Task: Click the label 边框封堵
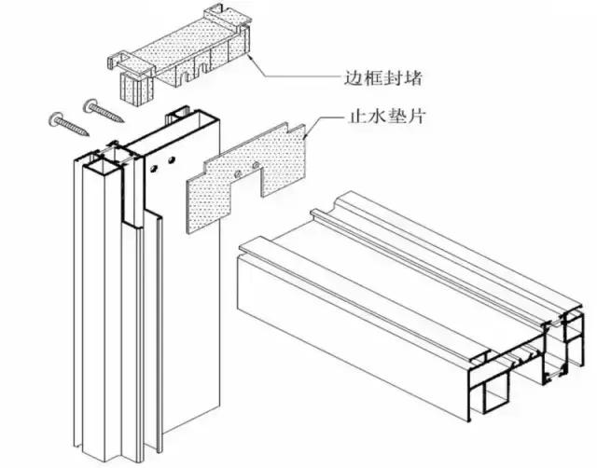pyautogui.click(x=383, y=78)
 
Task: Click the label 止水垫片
pyautogui.click(x=386, y=116)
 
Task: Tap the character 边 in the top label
pyautogui.click(x=354, y=78)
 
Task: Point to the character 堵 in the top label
pyautogui.click(x=413, y=78)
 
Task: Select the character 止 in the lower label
pyautogui.click(x=356, y=116)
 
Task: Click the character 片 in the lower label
pyautogui.click(x=416, y=116)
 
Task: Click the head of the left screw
pyautogui.click(x=57, y=119)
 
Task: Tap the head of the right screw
pyautogui.click(x=91, y=105)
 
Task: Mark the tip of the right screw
pyautogui.click(x=124, y=121)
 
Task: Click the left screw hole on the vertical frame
pyautogui.click(x=154, y=168)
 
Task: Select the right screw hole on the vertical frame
pyautogui.click(x=172, y=160)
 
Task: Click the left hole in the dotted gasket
pyautogui.click(x=238, y=174)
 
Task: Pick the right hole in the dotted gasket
pyautogui.click(x=256, y=166)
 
